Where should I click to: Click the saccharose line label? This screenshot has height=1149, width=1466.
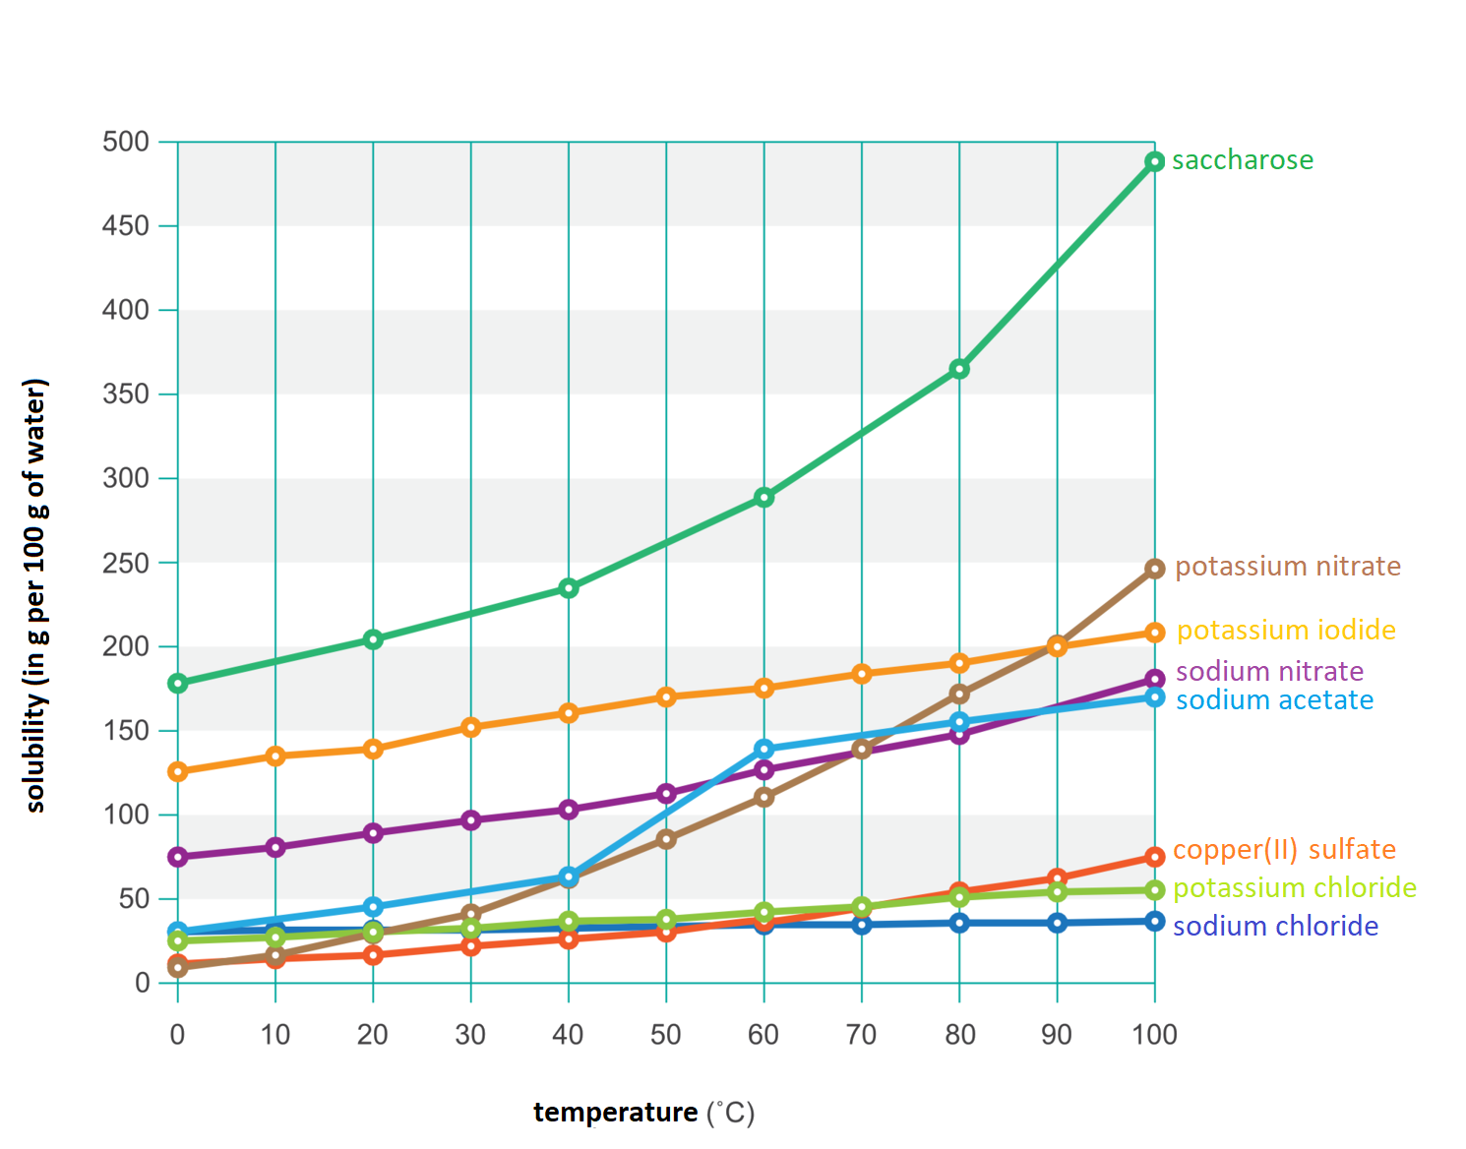(1242, 160)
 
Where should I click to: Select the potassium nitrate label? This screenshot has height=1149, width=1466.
(1287, 567)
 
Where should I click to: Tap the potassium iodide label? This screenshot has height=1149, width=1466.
(1285, 631)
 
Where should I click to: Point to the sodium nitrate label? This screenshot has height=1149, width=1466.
(1269, 672)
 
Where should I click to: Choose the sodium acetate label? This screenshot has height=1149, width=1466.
(1274, 700)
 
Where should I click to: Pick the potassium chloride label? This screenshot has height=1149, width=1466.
(1294, 888)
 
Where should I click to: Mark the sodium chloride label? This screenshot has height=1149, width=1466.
(1275, 927)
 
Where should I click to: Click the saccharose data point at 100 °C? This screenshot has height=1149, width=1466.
(1154, 161)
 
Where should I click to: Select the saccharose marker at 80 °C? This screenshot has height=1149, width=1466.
(959, 369)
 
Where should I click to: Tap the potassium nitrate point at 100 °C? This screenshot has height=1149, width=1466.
(1154, 569)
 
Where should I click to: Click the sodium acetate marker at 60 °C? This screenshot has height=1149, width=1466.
(764, 750)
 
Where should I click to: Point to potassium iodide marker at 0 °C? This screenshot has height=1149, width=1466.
(178, 772)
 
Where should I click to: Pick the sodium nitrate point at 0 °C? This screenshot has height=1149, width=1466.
(178, 857)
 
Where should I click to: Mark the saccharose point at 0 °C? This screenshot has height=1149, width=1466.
(178, 683)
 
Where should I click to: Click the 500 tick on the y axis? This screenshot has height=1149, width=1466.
(126, 142)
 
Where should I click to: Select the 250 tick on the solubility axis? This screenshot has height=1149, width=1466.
(126, 563)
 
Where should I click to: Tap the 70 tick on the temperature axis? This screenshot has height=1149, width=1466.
(861, 1035)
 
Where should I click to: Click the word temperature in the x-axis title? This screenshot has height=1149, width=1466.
(615, 1113)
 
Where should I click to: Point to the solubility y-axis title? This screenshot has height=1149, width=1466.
(35, 595)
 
